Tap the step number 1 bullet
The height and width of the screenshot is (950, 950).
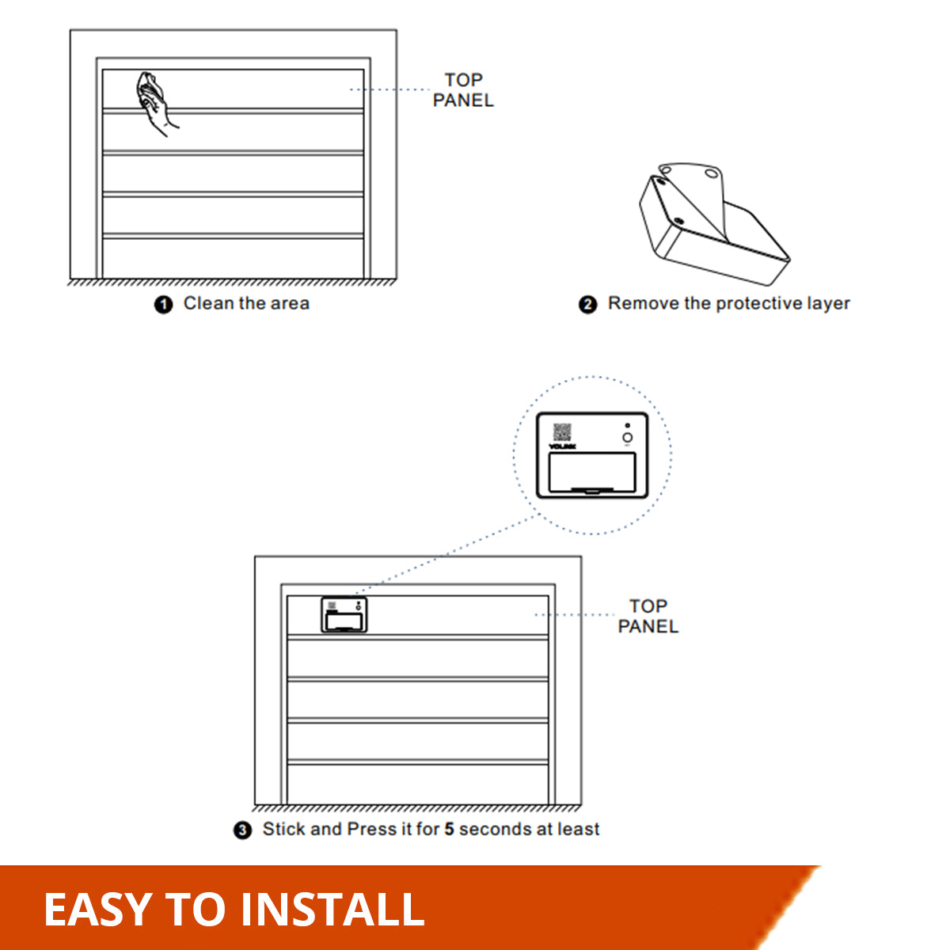[x=163, y=305]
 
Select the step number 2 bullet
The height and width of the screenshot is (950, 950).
[x=587, y=305]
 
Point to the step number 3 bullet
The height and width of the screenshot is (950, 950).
[x=242, y=830]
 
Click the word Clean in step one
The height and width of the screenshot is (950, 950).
[x=209, y=303]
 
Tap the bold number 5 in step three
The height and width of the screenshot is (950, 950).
[x=449, y=829]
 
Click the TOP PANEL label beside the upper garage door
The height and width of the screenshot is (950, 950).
[x=463, y=90]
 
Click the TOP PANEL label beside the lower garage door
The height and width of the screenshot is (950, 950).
[x=648, y=616]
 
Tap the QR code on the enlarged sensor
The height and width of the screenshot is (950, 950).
[x=562, y=432]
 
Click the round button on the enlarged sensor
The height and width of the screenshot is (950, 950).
[x=627, y=438]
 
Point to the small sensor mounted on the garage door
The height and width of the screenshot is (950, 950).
[x=344, y=615]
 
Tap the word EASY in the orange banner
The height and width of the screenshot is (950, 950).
[x=97, y=909]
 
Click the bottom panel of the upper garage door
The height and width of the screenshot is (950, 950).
[x=233, y=257]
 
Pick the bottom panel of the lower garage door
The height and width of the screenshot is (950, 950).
[x=417, y=784]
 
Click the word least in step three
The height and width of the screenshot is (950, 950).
[x=578, y=829]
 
